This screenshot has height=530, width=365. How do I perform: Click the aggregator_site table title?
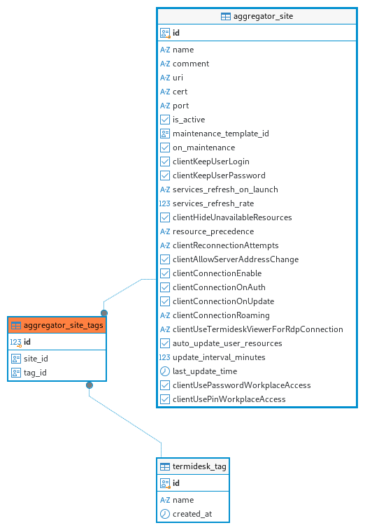point(263,16)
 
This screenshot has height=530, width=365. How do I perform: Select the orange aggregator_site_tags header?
point(57,325)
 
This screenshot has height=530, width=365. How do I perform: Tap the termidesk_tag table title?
point(199,466)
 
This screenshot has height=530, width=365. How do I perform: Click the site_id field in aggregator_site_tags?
point(36,359)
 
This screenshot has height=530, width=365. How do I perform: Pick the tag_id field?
point(35,373)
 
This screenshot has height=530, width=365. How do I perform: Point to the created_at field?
point(192,514)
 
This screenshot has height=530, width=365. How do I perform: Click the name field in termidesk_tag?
point(183,500)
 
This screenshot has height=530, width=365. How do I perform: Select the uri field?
point(178,78)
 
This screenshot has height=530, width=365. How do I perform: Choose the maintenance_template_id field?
point(221,134)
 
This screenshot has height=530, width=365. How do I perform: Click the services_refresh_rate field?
point(213,203)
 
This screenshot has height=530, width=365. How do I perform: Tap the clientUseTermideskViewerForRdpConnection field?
point(258,329)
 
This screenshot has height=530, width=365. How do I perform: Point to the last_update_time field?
point(205,371)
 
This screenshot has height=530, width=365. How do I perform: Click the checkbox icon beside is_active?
point(165,120)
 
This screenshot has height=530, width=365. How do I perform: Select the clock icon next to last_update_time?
point(165,371)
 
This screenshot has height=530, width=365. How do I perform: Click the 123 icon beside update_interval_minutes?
point(164,357)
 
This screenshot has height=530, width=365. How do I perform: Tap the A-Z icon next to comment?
point(165,64)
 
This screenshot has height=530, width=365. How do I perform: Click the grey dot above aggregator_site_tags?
point(104,313)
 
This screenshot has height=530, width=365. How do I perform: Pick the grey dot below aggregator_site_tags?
point(90,385)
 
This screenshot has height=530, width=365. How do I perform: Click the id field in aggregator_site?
point(176,33)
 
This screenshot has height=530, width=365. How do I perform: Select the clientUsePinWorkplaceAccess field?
point(229,399)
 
